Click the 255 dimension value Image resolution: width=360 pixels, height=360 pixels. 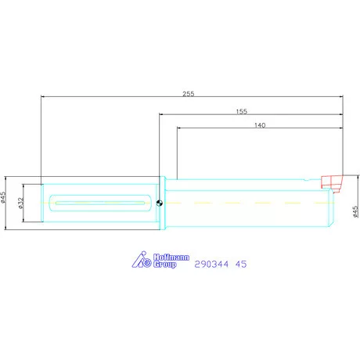189,94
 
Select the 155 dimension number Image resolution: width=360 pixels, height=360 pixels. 242,111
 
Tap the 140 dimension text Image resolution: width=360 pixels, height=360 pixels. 260,125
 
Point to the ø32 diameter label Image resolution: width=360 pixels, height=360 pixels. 21,203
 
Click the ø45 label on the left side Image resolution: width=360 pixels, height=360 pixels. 3,197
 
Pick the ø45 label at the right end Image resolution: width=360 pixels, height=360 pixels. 355,212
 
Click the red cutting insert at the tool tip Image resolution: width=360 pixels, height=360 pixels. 332,183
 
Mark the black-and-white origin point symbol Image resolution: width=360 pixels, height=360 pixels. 160,203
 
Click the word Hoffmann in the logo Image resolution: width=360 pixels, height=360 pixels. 171,257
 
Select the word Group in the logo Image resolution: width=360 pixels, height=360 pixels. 165,265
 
